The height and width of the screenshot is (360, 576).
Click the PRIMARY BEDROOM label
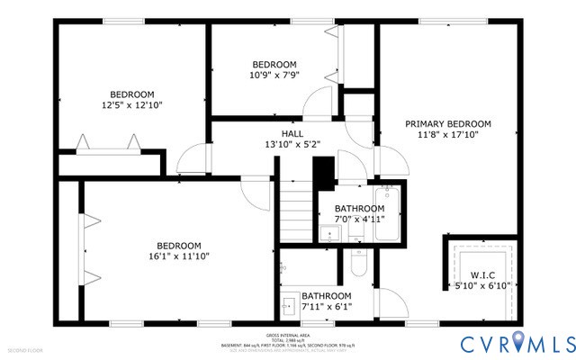[x=447, y=123]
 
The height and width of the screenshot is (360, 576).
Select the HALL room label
[x=267, y=131]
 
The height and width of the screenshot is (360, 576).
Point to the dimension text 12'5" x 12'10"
[x=132, y=105]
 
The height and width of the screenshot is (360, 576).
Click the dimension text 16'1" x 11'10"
[x=179, y=256]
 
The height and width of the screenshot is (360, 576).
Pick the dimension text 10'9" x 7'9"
[x=274, y=76]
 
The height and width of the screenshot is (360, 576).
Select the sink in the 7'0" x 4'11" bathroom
[x=329, y=235]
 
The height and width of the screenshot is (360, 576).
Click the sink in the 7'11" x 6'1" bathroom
[x=287, y=303]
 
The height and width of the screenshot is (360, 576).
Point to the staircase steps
[x=295, y=213]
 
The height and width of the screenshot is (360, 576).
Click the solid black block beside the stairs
[x=323, y=169]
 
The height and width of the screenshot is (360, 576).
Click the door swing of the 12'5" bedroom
[x=191, y=160]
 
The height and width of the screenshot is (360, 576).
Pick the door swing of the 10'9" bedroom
[x=317, y=103]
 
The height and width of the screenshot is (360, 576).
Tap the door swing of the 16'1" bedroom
[x=254, y=190]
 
